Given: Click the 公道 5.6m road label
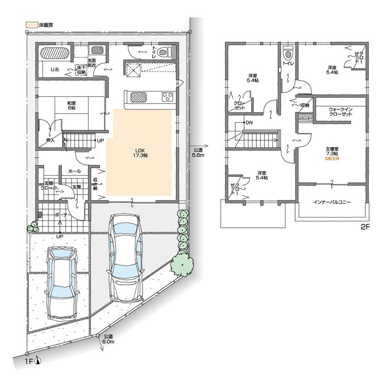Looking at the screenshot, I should click(x=198, y=152).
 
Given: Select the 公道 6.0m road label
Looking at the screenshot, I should click(x=108, y=339).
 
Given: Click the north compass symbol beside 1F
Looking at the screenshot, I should click(x=38, y=361).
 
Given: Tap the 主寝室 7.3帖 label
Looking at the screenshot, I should click(x=332, y=152).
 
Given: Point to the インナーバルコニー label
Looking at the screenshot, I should click(x=332, y=201).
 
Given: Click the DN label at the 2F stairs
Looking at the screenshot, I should click(x=249, y=122).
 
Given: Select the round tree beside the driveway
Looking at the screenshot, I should click(x=180, y=265).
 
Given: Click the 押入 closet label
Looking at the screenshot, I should click(x=50, y=140).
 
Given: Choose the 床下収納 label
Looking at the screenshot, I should click(x=81, y=70).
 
